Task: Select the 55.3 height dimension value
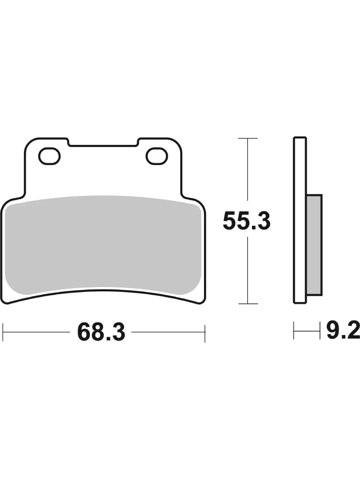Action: [x=247, y=221]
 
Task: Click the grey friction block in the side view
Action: [x=314, y=245]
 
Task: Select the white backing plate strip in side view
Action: [x=300, y=220]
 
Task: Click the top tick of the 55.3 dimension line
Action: [x=248, y=139]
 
